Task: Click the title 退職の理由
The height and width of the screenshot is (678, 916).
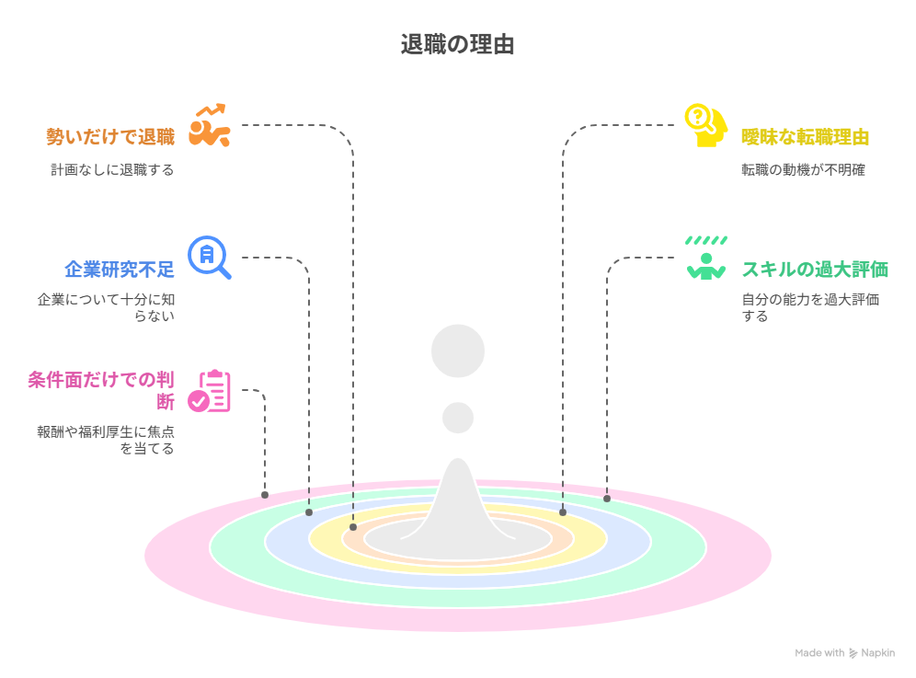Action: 457,44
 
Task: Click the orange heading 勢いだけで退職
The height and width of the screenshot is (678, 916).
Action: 110,137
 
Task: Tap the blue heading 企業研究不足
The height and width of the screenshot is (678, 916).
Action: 119,270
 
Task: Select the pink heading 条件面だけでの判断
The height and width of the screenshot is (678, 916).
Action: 100,390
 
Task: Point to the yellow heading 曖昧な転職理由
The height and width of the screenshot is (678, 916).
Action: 806,137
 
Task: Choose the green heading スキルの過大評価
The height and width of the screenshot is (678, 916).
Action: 815,270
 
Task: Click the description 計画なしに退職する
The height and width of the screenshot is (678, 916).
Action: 112,169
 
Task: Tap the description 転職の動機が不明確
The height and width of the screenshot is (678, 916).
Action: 803,169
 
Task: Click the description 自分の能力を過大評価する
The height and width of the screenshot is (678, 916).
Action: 810,307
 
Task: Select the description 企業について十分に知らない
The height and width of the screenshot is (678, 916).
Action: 105,307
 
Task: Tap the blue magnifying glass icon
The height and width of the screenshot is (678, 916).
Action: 210,257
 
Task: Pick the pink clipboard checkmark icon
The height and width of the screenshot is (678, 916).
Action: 210,391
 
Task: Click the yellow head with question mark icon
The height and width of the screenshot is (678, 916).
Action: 705,125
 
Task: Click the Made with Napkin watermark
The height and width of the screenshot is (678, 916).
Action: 844,653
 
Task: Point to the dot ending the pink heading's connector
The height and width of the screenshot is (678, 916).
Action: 265,495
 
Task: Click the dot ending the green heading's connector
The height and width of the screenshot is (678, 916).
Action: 607,499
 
